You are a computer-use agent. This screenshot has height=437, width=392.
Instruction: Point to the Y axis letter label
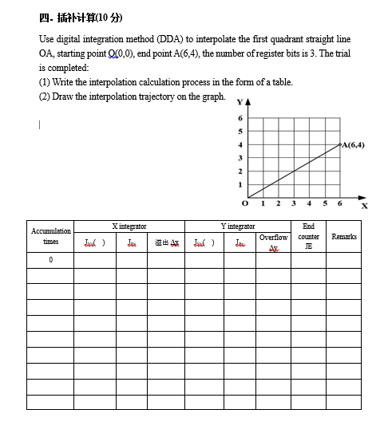pyautogui.click(x=238, y=101)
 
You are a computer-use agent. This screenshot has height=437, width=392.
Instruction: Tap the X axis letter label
pyautogui.click(x=365, y=206)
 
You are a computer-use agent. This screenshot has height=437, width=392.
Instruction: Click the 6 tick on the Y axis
pyautogui.click(x=239, y=118)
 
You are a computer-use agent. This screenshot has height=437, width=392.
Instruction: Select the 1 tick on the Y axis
pyautogui.click(x=239, y=184)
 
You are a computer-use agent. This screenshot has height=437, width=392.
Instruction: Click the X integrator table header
pyautogui.click(x=129, y=226)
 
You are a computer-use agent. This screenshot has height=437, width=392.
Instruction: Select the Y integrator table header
pyautogui.click(x=238, y=226)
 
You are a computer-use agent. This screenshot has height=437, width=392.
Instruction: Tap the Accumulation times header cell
pyautogui.click(x=50, y=236)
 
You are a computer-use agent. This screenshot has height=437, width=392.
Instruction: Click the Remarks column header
pyautogui.click(x=344, y=237)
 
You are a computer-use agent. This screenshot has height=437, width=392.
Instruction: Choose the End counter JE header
pyautogui.click(x=308, y=237)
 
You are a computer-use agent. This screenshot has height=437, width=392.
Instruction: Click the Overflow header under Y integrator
pyautogui.click(x=273, y=238)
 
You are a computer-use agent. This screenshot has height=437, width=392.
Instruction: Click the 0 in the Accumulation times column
pyautogui.click(x=50, y=260)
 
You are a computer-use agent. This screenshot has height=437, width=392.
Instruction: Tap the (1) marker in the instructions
pyautogui.click(x=45, y=82)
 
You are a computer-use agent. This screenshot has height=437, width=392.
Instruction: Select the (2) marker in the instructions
pyautogui.click(x=45, y=96)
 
